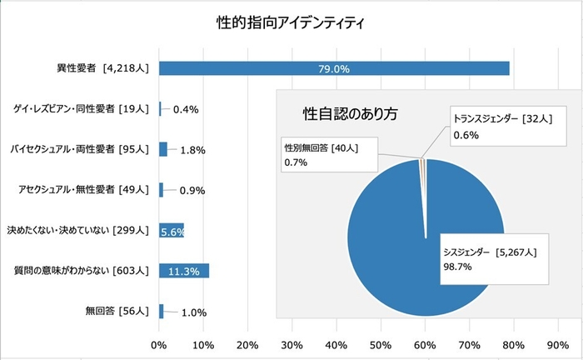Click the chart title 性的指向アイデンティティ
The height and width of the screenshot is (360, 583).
click(x=291, y=22)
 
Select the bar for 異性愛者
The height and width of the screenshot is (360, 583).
click(x=333, y=68)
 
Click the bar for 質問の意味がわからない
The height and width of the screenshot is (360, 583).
click(x=184, y=270)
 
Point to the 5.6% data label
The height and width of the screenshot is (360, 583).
click(x=172, y=231)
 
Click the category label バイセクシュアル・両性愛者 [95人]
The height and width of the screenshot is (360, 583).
click(x=78, y=150)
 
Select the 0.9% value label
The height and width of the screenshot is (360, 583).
click(x=192, y=190)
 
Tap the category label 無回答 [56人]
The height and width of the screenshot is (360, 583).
click(x=117, y=311)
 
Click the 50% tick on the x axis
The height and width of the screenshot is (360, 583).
click(x=381, y=344)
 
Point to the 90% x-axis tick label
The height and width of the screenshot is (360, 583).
click(x=558, y=344)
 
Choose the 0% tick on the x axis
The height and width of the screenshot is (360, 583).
click(x=160, y=344)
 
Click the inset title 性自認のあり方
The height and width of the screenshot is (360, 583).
click(x=349, y=112)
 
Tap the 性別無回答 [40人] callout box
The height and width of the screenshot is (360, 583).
click(x=327, y=155)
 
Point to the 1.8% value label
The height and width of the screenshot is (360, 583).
click(x=192, y=150)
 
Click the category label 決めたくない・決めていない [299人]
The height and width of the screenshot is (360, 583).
click(x=77, y=230)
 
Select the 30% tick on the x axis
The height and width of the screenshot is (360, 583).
click(x=291, y=344)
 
